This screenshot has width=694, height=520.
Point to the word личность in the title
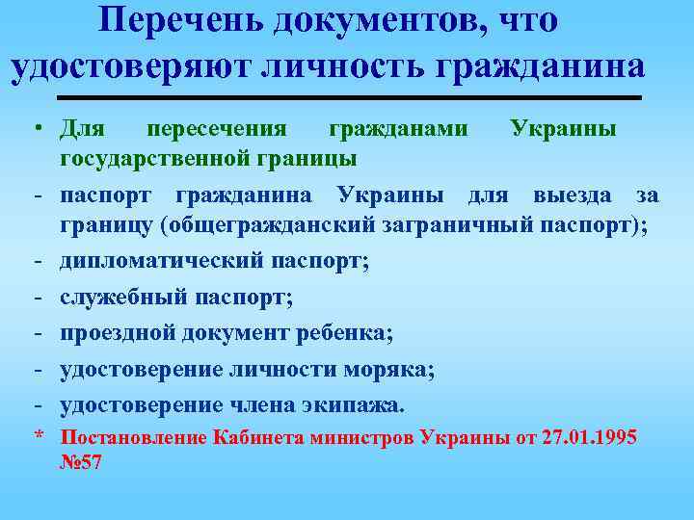(349, 67)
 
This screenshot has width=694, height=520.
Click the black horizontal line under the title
(349, 98)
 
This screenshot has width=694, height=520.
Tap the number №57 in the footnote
(80, 462)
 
